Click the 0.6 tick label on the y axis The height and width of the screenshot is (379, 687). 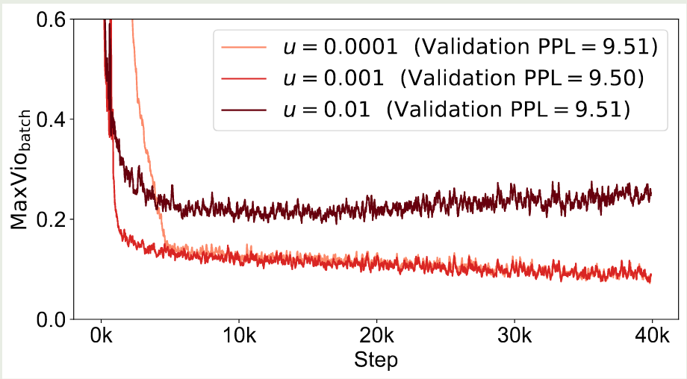(x=52, y=19)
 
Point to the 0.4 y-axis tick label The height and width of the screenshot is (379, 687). (x=52, y=119)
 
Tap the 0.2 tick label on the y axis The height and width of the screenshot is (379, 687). (x=52, y=219)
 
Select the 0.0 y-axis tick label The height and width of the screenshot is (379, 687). (x=52, y=319)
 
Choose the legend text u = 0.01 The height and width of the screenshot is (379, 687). (x=327, y=109)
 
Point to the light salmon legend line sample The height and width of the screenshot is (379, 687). (x=243, y=48)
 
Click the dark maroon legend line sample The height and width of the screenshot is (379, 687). (x=243, y=109)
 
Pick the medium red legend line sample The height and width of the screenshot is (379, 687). (x=243, y=78)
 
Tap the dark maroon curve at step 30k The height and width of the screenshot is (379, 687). (x=514, y=198)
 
